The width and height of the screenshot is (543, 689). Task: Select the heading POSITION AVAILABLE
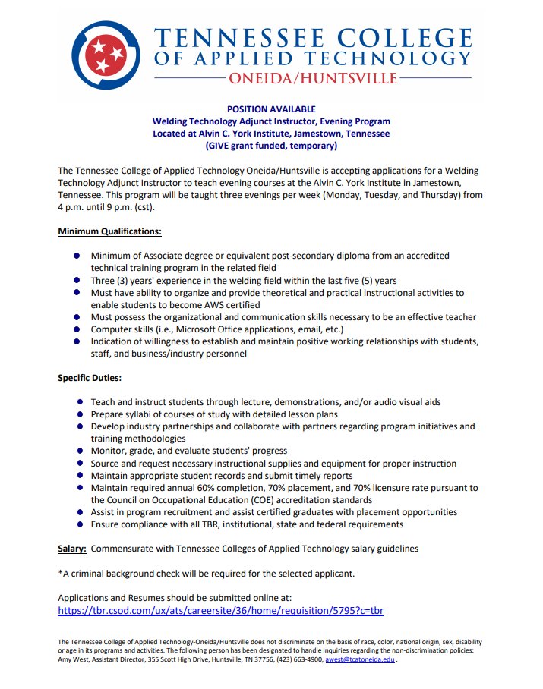point(271,109)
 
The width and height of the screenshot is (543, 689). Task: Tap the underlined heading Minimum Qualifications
point(109,231)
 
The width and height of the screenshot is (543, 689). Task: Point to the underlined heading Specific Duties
point(90,377)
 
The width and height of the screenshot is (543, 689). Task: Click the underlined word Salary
point(71,548)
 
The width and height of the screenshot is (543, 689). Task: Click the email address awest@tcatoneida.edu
point(360,660)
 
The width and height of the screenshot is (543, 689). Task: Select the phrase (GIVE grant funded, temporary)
point(271,145)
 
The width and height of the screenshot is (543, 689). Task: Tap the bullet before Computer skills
point(77,329)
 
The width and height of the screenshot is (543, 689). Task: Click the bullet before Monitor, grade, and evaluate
point(81,451)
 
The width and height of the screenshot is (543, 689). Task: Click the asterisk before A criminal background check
point(61,573)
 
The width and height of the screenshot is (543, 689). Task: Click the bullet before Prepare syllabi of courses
point(81,414)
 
